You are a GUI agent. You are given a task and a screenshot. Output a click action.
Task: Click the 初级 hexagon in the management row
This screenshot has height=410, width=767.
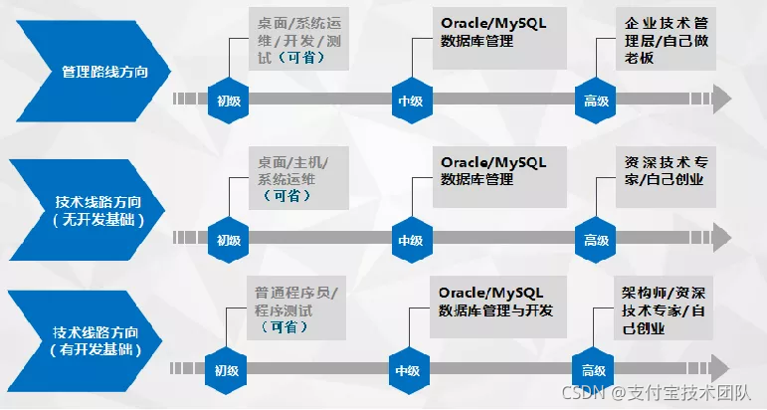pyautogui.click(x=228, y=100)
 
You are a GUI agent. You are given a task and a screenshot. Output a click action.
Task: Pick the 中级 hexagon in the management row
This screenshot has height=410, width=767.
pyautogui.click(x=410, y=100)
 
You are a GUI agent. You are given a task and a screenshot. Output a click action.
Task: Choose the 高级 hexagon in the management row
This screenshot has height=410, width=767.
pyautogui.click(x=595, y=100)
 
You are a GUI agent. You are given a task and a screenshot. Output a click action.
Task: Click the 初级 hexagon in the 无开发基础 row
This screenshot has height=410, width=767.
pyautogui.click(x=228, y=239)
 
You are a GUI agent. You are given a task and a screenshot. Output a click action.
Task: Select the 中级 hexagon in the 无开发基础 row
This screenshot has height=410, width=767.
pyautogui.click(x=410, y=239)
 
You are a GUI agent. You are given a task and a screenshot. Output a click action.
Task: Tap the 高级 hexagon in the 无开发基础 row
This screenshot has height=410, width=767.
pyautogui.click(x=595, y=239)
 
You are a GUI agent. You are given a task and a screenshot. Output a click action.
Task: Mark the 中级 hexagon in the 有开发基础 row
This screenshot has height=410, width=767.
pyautogui.click(x=407, y=369)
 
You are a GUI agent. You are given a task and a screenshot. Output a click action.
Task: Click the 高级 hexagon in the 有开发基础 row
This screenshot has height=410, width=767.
pyautogui.click(x=592, y=369)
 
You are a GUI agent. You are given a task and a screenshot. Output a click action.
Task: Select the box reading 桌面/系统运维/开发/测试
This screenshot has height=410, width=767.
pyautogui.click(x=299, y=39)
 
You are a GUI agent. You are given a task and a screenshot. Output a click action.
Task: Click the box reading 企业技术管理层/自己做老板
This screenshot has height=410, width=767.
pyautogui.click(x=665, y=39)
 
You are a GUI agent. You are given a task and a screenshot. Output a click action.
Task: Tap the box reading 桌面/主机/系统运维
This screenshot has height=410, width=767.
pyautogui.click(x=299, y=178)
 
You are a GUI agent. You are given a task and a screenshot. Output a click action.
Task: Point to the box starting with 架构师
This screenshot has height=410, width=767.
pyautogui.click(x=664, y=308)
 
